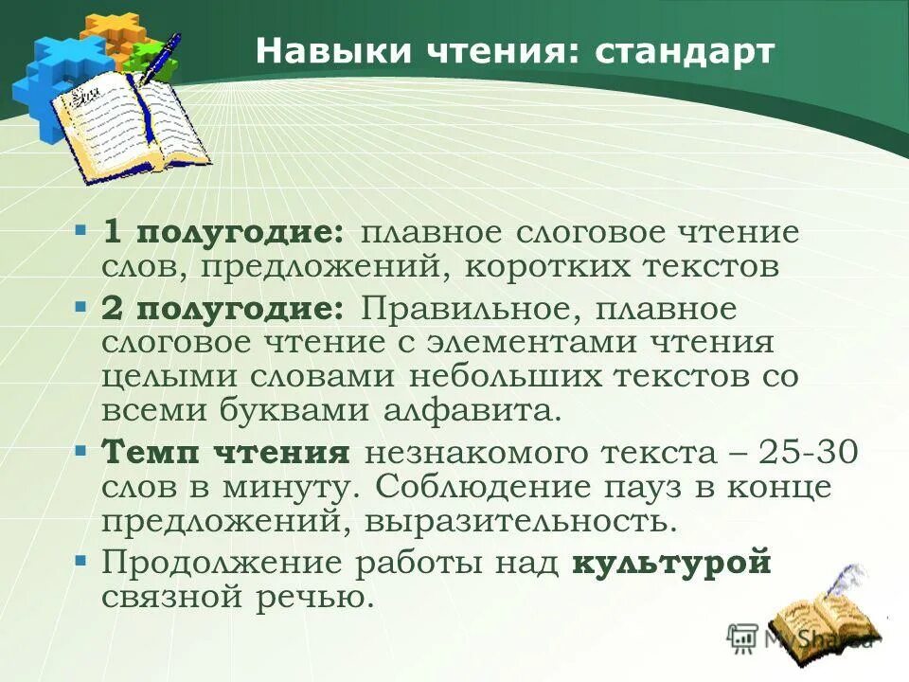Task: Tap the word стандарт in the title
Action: click(685, 52)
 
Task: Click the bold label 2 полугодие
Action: click(223, 309)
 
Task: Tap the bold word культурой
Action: click(672, 563)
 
